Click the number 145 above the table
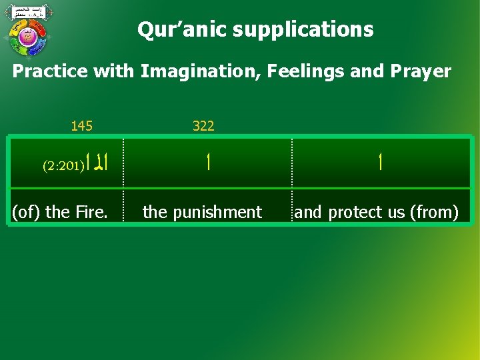coord(82,125)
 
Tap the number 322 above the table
coord(203,125)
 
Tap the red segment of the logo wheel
coord(39,28)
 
